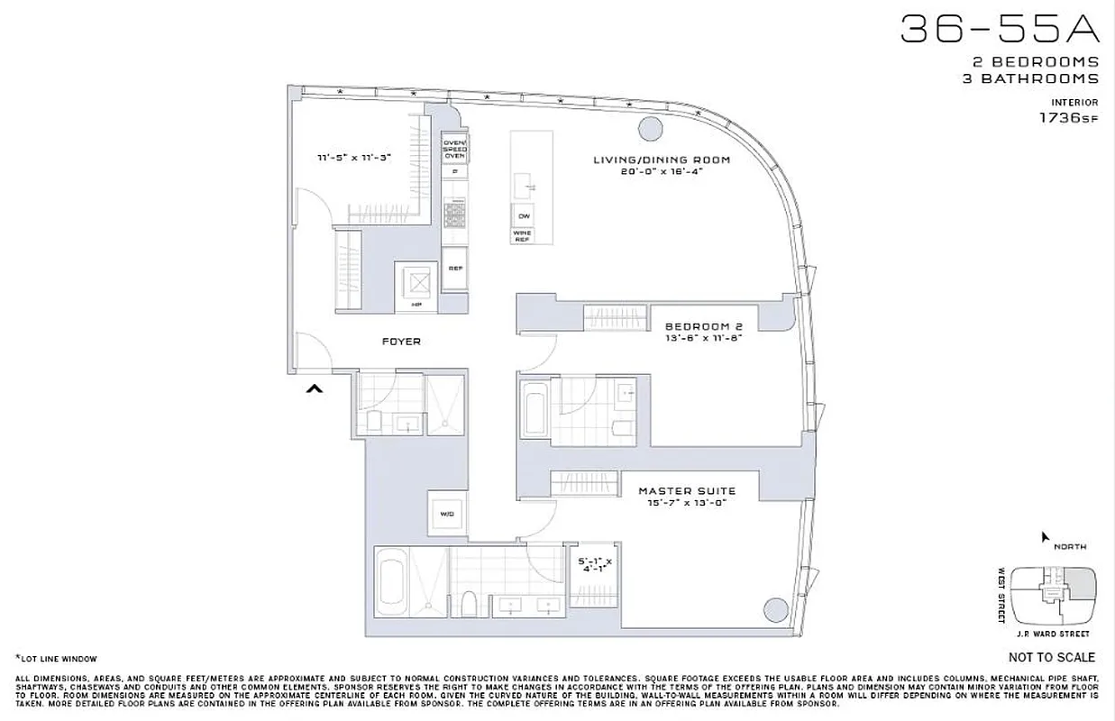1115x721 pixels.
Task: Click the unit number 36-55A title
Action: coord(1001,30)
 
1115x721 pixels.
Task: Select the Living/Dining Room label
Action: coord(661,160)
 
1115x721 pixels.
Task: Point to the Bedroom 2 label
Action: coord(702,326)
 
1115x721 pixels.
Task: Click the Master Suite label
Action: coord(687,491)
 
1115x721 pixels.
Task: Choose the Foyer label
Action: coord(401,342)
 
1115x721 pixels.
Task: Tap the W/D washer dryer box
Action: coord(447,515)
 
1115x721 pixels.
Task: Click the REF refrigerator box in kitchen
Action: coord(454,268)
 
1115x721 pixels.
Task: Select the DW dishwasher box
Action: coord(523,215)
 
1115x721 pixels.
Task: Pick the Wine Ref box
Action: coord(523,235)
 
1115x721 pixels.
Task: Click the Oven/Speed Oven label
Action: coord(454,149)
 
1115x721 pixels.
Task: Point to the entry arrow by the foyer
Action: coord(314,388)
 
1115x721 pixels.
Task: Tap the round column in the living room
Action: coord(649,129)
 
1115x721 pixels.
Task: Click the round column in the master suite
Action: coord(772,611)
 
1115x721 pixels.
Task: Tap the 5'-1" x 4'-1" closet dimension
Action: coord(594,565)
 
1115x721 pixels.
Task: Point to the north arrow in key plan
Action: coord(1045,537)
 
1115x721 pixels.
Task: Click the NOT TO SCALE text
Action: coord(1052,657)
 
